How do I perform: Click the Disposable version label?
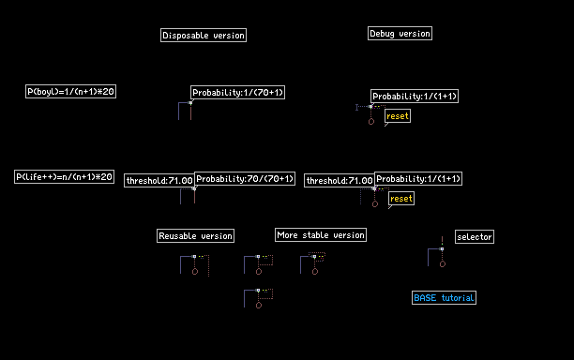204,35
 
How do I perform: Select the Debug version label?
400,34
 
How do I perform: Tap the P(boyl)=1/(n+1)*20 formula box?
70,91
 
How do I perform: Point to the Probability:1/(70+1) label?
237,92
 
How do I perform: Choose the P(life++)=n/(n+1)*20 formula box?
64,176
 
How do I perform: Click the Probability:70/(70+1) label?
245,178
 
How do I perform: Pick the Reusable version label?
195,235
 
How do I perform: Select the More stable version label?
321,235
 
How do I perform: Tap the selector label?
475,236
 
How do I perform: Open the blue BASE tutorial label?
444,298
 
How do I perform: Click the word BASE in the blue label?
425,298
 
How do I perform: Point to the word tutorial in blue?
458,298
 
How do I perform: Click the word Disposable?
185,35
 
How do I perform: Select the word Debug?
382,34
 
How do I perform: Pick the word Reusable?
177,236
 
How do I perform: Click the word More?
287,235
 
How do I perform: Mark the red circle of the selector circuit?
443,264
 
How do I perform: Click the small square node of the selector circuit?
442,248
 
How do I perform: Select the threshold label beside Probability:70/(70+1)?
159,180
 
